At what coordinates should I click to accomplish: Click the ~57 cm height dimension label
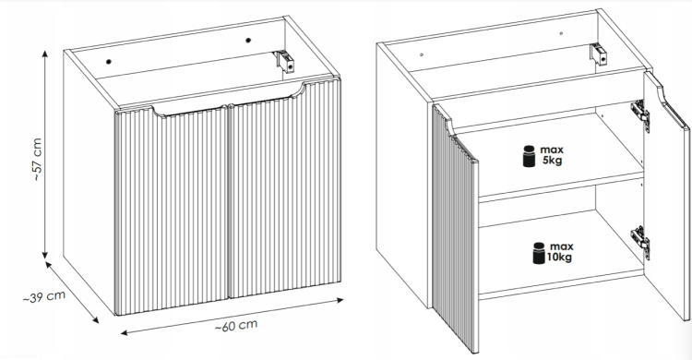point(37,160)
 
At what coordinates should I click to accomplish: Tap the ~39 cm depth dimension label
point(44,297)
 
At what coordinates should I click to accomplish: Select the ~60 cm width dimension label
point(236,326)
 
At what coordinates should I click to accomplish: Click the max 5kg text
point(552,155)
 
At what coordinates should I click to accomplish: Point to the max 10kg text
point(560,252)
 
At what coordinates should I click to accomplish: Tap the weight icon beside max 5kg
point(529,156)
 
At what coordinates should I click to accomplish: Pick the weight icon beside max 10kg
point(539,253)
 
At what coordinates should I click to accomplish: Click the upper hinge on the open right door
point(640,115)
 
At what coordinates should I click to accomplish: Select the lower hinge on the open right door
point(640,242)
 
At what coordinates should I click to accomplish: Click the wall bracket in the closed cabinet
point(285,61)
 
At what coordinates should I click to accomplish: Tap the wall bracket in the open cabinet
point(599,54)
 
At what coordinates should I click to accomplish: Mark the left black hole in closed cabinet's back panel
point(109,62)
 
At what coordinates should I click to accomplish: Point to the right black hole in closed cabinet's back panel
point(248,41)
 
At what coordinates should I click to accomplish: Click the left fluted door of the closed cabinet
point(172,212)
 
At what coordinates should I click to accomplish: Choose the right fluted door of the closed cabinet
point(285,187)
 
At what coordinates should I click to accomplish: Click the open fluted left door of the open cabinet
point(455,230)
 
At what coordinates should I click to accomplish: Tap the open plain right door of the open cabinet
point(666,195)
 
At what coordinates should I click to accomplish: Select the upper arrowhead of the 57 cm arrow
point(45,54)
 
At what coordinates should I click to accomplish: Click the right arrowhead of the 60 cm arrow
point(340,300)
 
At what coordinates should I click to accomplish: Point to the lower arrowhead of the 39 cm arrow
point(95,319)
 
